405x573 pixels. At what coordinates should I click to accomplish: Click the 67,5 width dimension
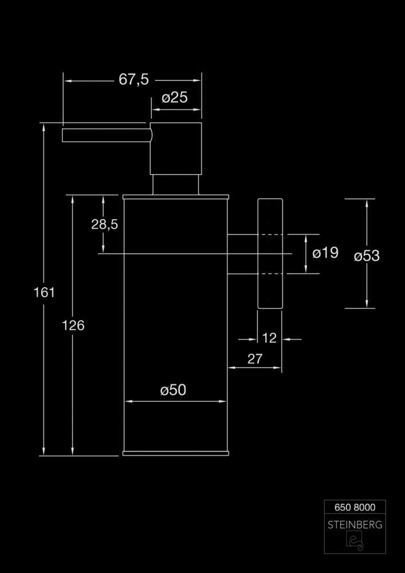[133, 80]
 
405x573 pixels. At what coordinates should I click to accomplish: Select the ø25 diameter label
[175, 97]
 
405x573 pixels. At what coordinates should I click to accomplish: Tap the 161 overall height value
[44, 292]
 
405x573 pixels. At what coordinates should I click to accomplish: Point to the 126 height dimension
[73, 325]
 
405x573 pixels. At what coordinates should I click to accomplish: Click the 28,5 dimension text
[104, 225]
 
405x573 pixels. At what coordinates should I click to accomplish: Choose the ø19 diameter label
[325, 253]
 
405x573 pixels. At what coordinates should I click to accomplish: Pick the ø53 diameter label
[367, 256]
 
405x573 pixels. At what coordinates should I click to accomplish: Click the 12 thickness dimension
[269, 339]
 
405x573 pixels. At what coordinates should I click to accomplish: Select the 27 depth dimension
[255, 359]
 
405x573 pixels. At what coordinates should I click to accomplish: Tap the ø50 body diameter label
[173, 390]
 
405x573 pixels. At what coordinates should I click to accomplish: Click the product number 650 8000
[355, 507]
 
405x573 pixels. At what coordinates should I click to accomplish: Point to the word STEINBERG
[355, 525]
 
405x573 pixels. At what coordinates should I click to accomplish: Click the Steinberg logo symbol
[355, 541]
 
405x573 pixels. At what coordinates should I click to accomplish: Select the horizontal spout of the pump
[107, 135]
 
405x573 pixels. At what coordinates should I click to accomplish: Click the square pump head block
[176, 148]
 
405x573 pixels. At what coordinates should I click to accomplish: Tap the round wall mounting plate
[270, 254]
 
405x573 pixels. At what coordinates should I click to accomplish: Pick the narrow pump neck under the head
[176, 185]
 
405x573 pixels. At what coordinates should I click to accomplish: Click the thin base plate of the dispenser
[176, 453]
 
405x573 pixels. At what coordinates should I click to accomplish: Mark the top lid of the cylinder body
[176, 197]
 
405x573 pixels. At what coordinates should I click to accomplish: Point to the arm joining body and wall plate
[242, 254]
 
